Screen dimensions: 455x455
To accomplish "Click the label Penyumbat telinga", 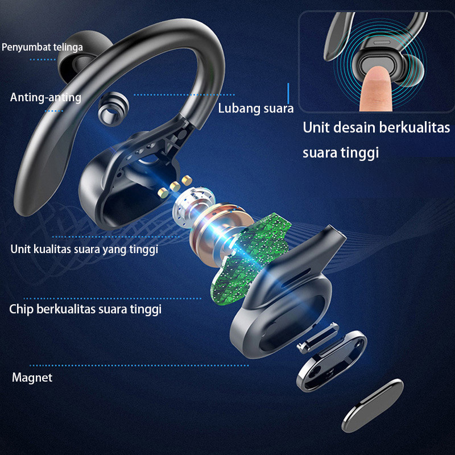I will click(x=42, y=47).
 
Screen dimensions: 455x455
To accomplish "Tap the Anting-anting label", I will click(x=45, y=97).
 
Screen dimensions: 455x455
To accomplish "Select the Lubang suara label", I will click(x=255, y=108).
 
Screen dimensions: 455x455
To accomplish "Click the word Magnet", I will click(x=32, y=377).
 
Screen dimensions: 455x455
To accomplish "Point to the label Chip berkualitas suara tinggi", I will click(x=85, y=309).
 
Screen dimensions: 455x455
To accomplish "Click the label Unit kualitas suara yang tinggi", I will click(x=84, y=249).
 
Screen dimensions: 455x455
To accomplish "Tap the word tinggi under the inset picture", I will click(x=357, y=152).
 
